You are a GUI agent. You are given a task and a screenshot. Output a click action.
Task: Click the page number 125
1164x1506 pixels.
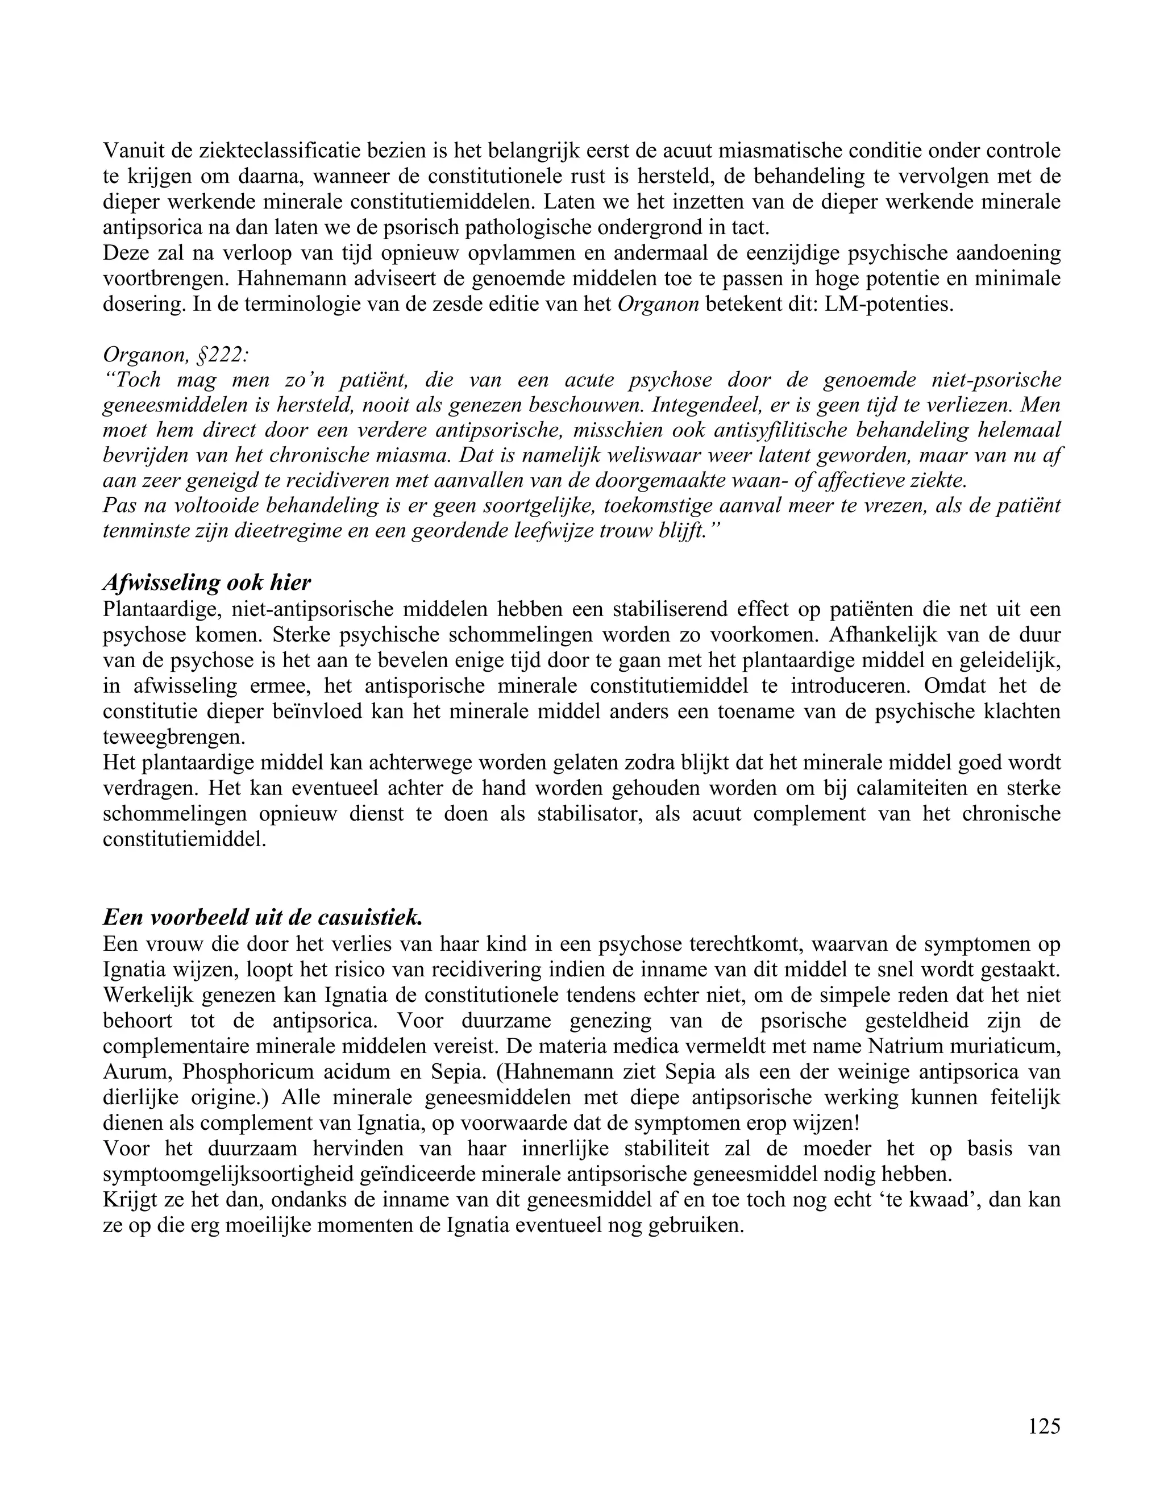click(1044, 1426)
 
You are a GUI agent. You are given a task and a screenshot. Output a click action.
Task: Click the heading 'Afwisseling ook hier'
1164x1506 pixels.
click(207, 583)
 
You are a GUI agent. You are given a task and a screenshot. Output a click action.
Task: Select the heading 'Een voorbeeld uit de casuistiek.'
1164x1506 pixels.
click(262, 918)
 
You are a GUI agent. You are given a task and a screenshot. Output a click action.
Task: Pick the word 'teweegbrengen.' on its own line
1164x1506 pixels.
click(174, 737)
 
